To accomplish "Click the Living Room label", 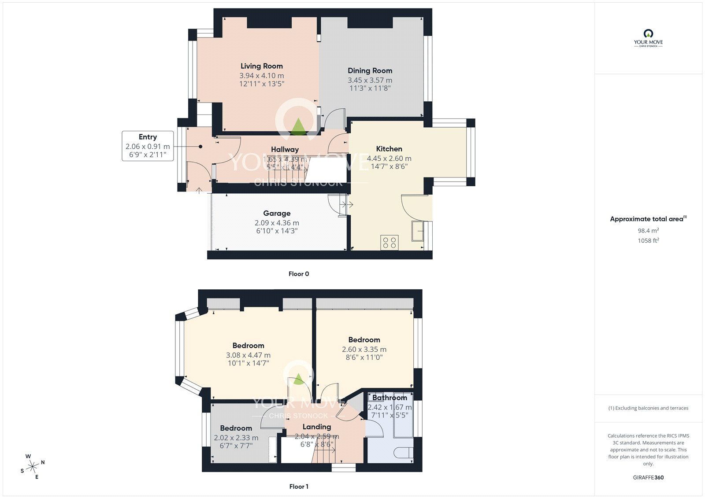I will tap(261, 66).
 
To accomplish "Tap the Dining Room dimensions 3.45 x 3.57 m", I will tap(370, 80).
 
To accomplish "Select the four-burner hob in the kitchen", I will tap(390, 243).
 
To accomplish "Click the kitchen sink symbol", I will tap(417, 231).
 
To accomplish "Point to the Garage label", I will tap(277, 213).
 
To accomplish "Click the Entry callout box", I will tap(148, 146).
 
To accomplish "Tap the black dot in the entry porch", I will tap(200, 147).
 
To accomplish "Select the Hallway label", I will tap(285, 149).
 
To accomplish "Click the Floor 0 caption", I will tap(299, 274).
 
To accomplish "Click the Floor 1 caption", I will tap(299, 487).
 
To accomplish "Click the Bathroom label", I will tap(390, 398).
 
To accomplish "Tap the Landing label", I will tap(317, 427).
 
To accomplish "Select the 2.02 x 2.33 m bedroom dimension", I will tap(236, 438).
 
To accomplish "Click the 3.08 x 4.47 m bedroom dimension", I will tap(248, 355).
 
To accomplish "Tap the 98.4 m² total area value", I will tap(648, 230).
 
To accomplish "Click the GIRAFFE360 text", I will tap(648, 477).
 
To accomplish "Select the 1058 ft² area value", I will tap(648, 240).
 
